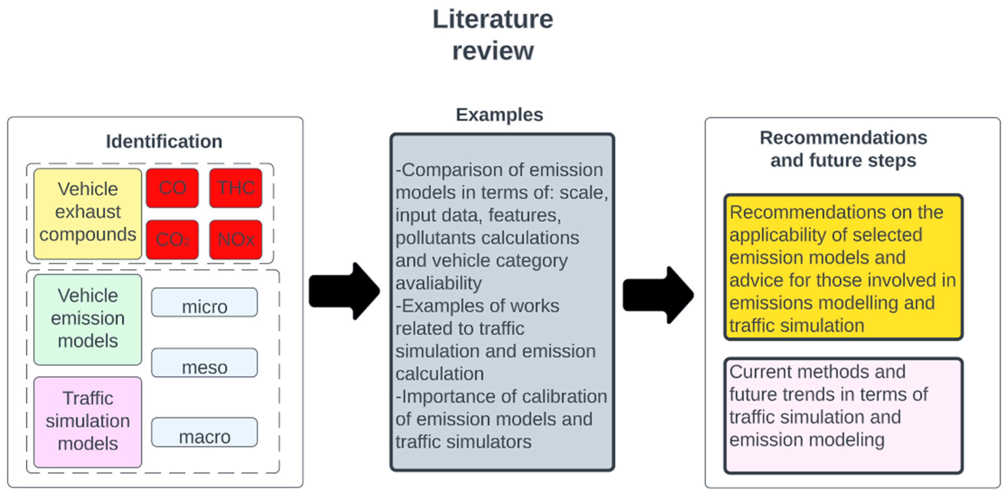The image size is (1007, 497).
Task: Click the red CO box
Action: (x=172, y=188)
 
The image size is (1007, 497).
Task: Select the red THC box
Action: (x=235, y=188)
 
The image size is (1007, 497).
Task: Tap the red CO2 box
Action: (x=172, y=239)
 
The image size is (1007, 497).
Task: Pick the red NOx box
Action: (x=235, y=239)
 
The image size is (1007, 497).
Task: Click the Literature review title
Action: (x=493, y=35)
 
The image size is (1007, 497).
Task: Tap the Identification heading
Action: (x=164, y=141)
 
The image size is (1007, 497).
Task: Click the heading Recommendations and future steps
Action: (x=843, y=149)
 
